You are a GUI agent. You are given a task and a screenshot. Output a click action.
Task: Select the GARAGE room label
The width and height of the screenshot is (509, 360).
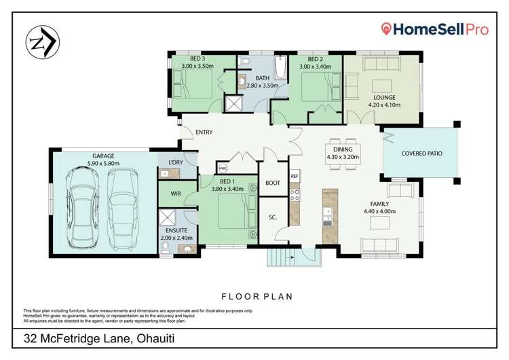pyautogui.click(x=103, y=156)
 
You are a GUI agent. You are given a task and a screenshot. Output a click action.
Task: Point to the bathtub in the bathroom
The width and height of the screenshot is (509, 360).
pyautogui.click(x=280, y=70)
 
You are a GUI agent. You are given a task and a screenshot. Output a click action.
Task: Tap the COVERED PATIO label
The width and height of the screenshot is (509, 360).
pyautogui.click(x=422, y=154)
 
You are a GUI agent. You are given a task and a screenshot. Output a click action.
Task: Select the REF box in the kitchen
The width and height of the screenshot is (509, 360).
pyautogui.click(x=295, y=177)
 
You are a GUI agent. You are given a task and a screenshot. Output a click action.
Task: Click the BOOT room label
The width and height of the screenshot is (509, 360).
pyautogui.click(x=273, y=183)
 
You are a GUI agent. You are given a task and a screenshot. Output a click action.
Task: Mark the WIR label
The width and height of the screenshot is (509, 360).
pyautogui.click(x=175, y=194)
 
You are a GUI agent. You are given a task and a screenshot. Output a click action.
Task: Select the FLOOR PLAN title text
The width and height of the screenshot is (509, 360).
pyautogui.click(x=254, y=297)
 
